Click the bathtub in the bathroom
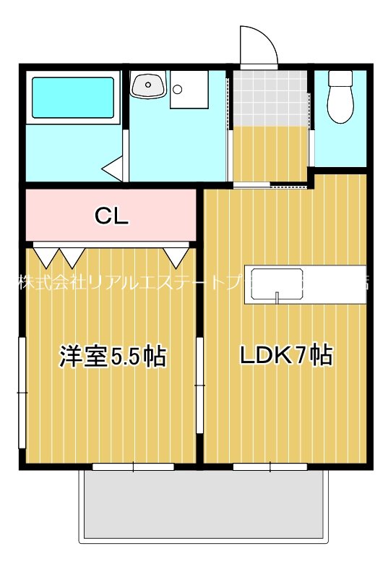click(x=72, y=98)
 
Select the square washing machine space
click(x=189, y=90)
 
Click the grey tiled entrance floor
click(x=271, y=98)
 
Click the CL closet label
click(x=112, y=216)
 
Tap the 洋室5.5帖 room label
click(x=112, y=357)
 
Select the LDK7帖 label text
click(x=286, y=355)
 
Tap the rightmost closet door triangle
click(x=175, y=255)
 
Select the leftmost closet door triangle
click(x=46, y=255)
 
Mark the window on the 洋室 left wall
click(x=22, y=393)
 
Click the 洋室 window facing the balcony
click(x=133, y=466)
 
